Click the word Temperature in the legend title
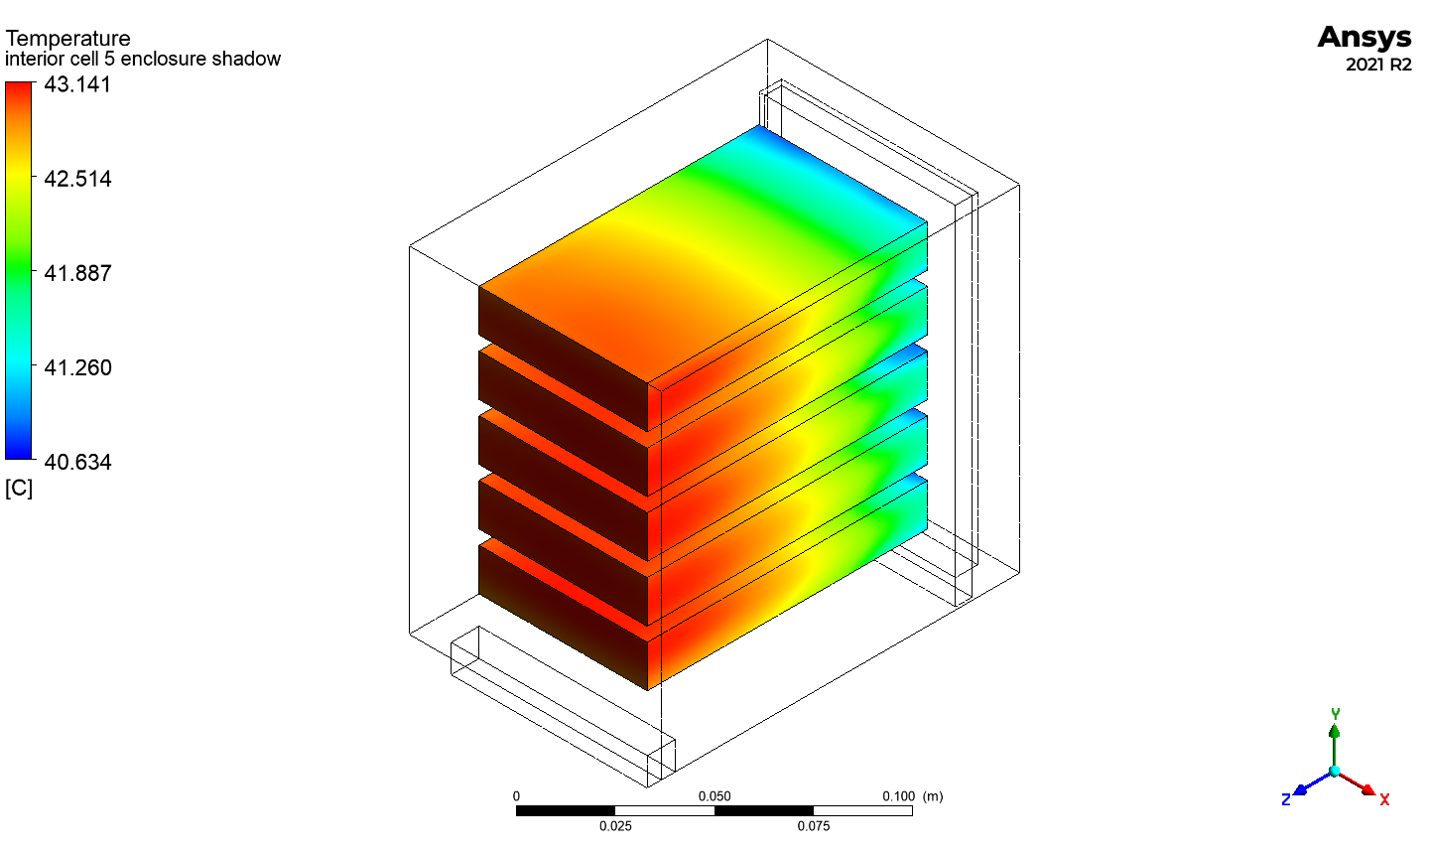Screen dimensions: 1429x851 tap(67, 39)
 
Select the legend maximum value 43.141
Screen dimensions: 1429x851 tap(77, 84)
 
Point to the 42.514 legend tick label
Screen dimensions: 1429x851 tap(77, 179)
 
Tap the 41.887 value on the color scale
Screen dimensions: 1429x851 tap(77, 273)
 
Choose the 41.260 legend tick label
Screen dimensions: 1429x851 tap(77, 367)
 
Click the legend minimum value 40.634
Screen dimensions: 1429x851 tap(77, 462)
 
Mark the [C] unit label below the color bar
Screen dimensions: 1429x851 tap(19, 489)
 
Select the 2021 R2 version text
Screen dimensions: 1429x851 tap(1378, 65)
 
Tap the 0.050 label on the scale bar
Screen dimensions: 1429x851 tap(714, 796)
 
